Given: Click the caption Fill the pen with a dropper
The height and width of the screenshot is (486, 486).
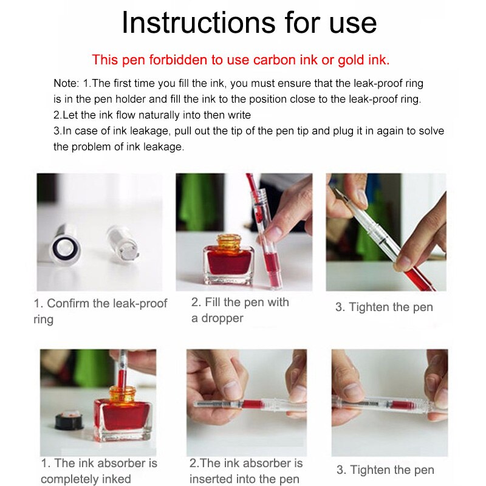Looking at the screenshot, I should click(x=239, y=310).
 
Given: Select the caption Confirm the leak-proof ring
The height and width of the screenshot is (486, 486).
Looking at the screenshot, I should click(x=100, y=310).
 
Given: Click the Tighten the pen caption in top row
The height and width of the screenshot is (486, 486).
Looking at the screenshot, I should click(x=384, y=307).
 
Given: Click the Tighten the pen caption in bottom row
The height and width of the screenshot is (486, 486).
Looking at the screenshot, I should click(x=385, y=470).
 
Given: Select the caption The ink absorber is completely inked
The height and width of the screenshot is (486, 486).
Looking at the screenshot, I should click(x=98, y=471).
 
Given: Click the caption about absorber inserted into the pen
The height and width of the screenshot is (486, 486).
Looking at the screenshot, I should click(x=245, y=471).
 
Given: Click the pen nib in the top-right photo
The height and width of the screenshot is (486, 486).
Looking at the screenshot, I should click(x=341, y=196).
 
